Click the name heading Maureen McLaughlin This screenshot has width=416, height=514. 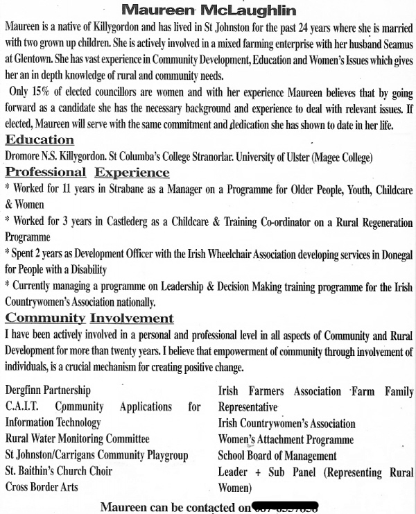(x=209, y=10)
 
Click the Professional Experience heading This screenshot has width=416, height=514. (x=87, y=173)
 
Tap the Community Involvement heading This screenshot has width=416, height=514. (x=89, y=318)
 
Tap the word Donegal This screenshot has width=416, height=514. (x=392, y=254)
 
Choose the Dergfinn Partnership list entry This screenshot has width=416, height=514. (x=48, y=391)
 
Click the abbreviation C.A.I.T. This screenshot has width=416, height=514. (x=21, y=406)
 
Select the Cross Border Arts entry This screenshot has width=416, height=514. (x=42, y=487)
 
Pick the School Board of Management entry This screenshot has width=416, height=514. (x=277, y=456)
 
